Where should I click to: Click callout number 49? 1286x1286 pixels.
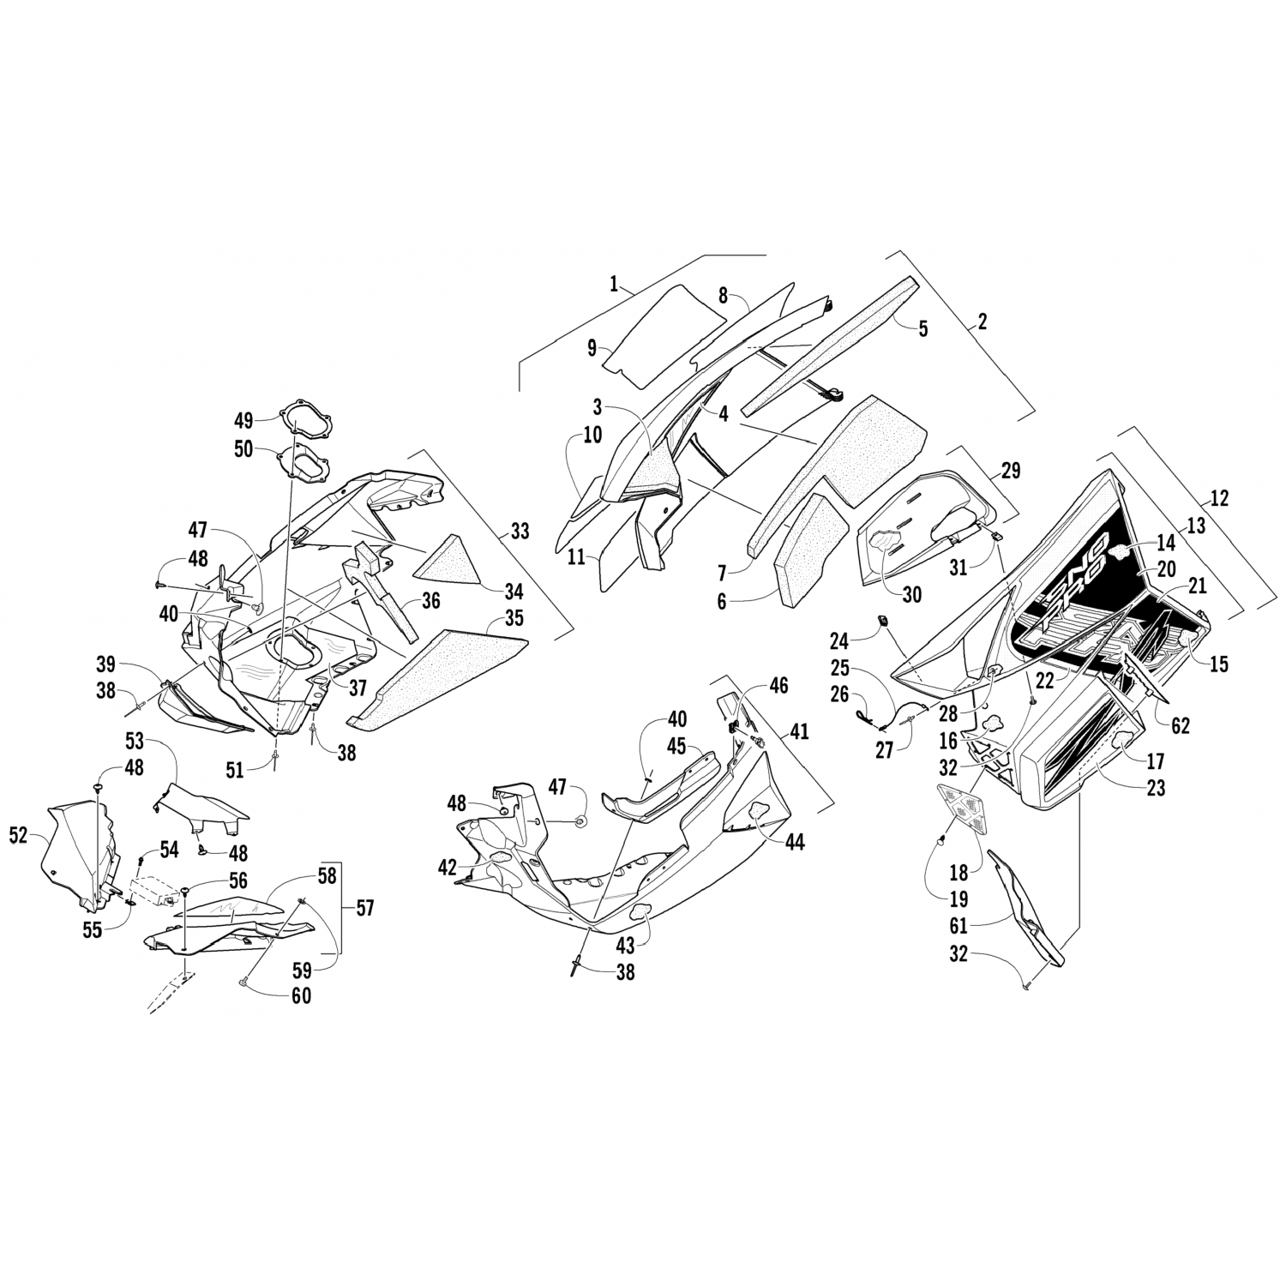point(243,420)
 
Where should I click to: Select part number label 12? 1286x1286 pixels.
point(1219,497)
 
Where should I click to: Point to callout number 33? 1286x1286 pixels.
point(520,531)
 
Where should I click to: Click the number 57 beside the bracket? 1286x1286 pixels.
point(365,907)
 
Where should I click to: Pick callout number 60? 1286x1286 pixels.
point(301,995)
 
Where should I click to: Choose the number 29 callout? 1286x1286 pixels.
point(1011,470)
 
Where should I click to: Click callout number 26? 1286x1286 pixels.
point(839,696)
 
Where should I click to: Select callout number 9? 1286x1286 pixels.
point(592,349)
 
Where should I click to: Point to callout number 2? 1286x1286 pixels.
point(983,322)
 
